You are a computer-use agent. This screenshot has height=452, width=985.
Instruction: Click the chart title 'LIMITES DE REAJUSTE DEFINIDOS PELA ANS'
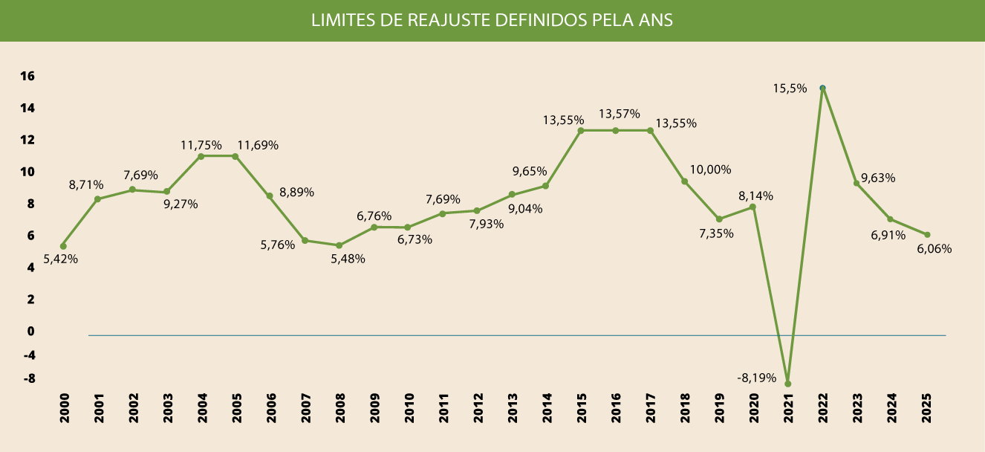492,20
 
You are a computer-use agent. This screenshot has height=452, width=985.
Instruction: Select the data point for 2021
787,384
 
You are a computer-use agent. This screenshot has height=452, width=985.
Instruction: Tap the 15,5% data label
789,88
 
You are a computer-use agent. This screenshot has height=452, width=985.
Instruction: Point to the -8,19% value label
757,378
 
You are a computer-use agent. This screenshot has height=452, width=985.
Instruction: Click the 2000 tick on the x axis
64,408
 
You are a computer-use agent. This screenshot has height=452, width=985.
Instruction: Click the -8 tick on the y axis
29,378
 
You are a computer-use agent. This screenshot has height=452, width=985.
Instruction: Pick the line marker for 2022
822,88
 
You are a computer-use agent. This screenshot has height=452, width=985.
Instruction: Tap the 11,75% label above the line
201,145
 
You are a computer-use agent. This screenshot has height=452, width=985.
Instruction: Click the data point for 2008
339,245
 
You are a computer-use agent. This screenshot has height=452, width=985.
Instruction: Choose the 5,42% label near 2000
61,259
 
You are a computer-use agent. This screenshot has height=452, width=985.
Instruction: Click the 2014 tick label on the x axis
547,408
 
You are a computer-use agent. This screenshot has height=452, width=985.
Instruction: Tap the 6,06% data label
934,248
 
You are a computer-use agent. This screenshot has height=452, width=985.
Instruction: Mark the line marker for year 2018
684,181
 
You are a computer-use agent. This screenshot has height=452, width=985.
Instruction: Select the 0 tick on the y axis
31,331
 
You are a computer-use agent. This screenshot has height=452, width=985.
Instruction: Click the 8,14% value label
755,196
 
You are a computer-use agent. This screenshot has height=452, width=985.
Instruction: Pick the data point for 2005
235,156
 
